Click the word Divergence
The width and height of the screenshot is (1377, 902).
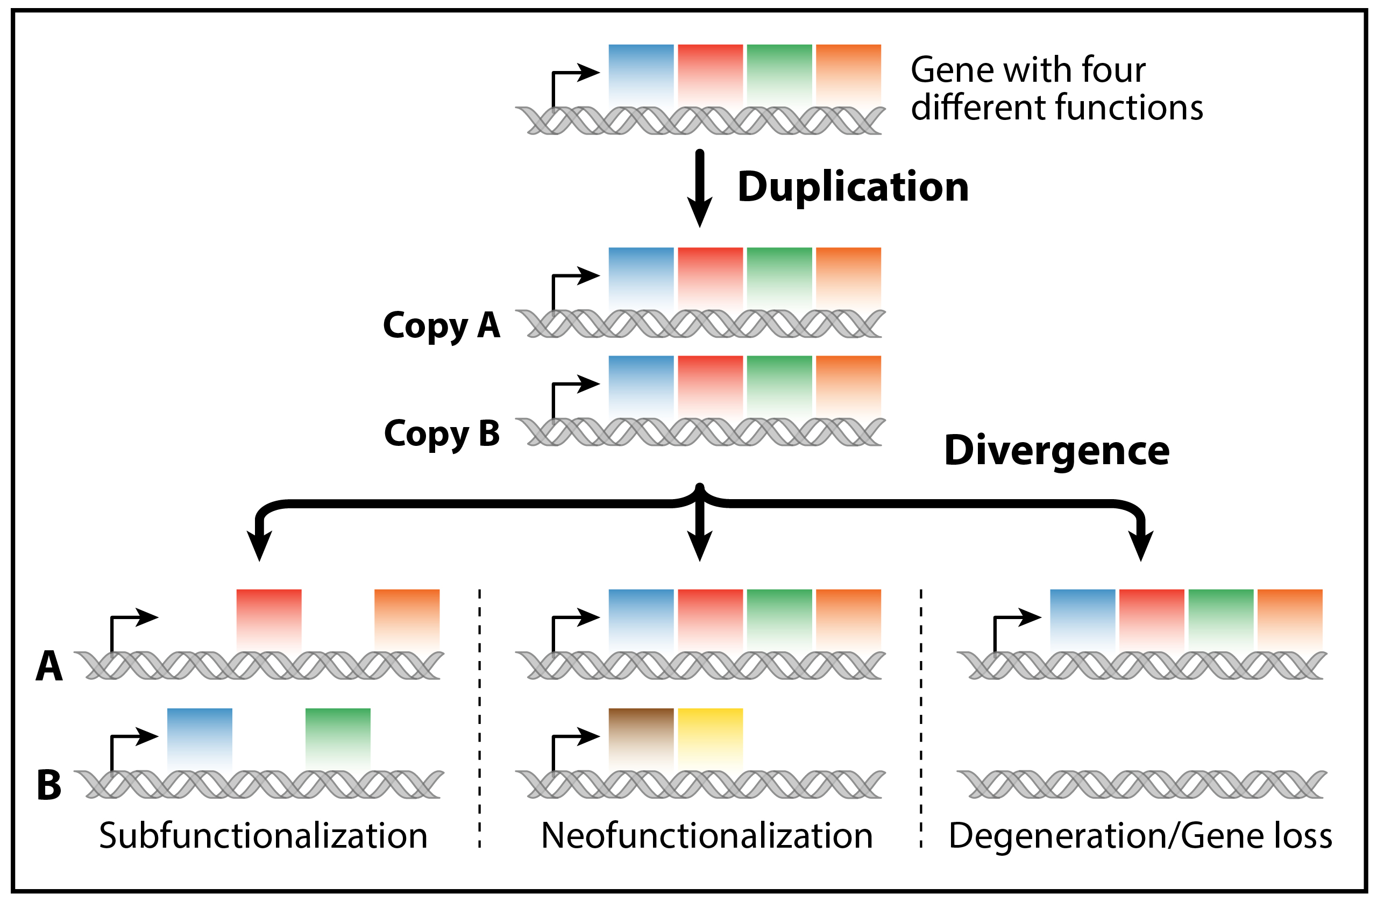(1056, 450)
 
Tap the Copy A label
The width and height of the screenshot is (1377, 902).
(442, 325)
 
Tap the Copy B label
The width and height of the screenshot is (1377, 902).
(442, 434)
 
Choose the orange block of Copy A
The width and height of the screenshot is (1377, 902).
(848, 277)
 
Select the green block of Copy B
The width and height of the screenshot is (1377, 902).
(779, 385)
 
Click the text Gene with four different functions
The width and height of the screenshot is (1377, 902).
(1056, 88)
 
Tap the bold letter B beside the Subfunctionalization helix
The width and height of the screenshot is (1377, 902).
(49, 785)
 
